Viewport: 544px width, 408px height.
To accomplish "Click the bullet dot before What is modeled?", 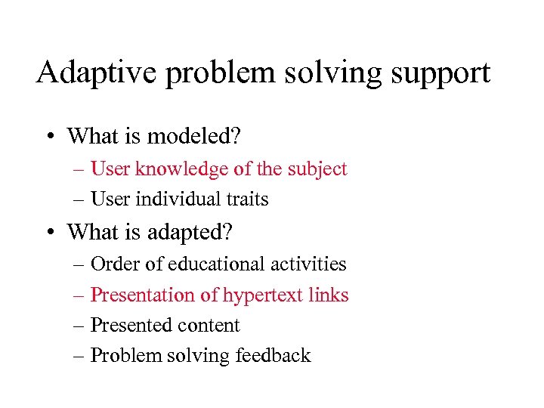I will [48, 137].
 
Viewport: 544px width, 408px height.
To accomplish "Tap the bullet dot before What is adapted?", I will [48, 232].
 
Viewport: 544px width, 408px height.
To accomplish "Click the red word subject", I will [316, 169].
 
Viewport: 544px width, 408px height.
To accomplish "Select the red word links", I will [329, 295].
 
